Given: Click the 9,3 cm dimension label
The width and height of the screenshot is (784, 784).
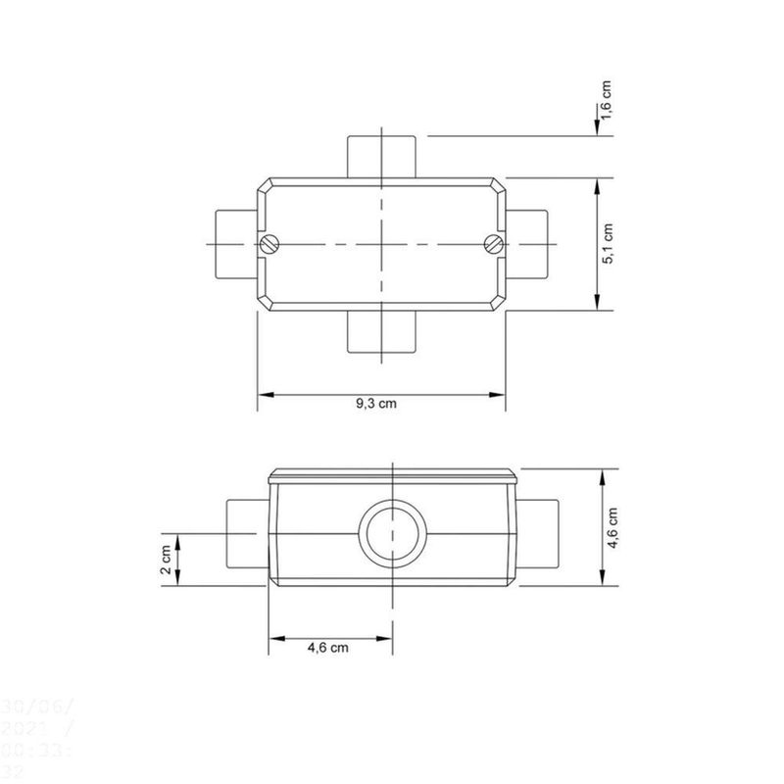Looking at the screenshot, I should [377, 404].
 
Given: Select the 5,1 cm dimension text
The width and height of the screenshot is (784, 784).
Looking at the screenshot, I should [608, 244].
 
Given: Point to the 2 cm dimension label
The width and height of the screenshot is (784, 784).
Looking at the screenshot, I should [166, 560].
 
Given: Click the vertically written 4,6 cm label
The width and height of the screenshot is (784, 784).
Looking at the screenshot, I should [612, 529].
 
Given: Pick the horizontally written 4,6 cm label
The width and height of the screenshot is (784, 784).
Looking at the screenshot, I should [328, 647].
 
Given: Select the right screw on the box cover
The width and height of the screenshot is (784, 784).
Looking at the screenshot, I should [493, 243].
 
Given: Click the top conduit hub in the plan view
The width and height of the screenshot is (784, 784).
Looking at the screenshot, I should [382, 156].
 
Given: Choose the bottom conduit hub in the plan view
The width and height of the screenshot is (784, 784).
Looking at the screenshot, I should [382, 332].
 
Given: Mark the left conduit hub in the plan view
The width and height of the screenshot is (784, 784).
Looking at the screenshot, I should [235, 243].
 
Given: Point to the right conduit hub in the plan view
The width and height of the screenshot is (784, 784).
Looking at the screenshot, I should [527, 243].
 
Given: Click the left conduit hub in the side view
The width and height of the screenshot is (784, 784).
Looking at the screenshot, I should [246, 534].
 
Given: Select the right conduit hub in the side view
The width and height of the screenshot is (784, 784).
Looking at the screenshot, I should [538, 534].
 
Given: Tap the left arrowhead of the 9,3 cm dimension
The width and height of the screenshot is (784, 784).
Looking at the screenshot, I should [265, 395].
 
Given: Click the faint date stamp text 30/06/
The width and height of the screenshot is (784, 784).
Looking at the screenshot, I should [35, 706].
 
